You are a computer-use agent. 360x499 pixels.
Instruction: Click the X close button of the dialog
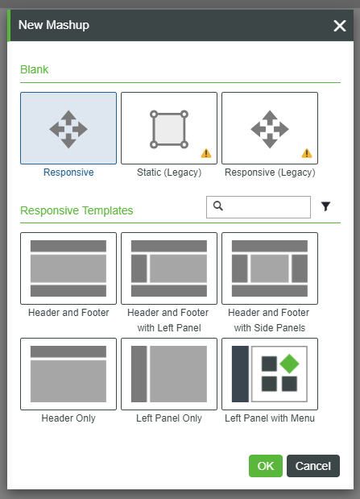pyautogui.click(x=340, y=26)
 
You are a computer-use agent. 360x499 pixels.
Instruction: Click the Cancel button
pyautogui.click(x=313, y=466)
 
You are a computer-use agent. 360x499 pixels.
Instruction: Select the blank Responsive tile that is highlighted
pyautogui.click(x=68, y=128)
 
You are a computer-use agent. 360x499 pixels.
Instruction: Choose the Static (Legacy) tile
pyautogui.click(x=169, y=128)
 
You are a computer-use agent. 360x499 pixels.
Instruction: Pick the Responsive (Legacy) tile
pyautogui.click(x=270, y=128)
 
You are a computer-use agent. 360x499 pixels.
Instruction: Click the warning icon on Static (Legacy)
pyautogui.click(x=206, y=153)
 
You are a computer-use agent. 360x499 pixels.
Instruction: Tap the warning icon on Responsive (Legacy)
pyautogui.click(x=307, y=153)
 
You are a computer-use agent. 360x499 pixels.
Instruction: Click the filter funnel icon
pyautogui.click(x=325, y=206)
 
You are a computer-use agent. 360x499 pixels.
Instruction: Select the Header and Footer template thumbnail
pyautogui.click(x=68, y=268)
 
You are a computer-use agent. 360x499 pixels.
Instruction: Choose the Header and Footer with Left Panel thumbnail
pyautogui.click(x=169, y=268)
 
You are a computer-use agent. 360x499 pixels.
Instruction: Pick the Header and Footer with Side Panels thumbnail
pyautogui.click(x=270, y=268)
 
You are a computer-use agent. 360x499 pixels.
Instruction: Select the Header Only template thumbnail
pyautogui.click(x=68, y=374)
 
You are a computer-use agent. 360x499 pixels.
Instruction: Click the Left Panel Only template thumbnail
pyautogui.click(x=169, y=374)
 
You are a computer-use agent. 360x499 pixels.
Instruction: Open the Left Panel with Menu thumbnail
pyautogui.click(x=270, y=374)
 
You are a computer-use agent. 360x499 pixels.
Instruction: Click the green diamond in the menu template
pyautogui.click(x=289, y=364)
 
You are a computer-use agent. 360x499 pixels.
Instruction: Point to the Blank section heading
pyautogui.click(x=35, y=69)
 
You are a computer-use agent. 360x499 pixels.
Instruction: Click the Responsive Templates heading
pyautogui.click(x=77, y=210)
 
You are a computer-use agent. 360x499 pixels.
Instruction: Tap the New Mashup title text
pyautogui.click(x=54, y=25)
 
